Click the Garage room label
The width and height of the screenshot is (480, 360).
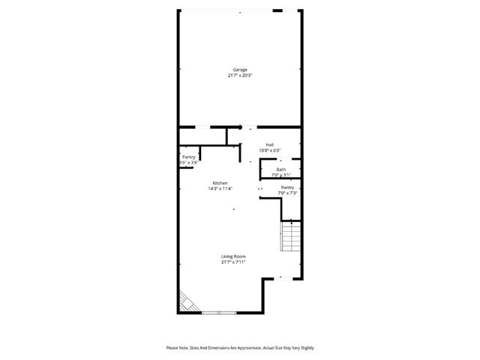(239, 70)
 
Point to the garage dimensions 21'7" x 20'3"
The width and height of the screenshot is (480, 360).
(239, 76)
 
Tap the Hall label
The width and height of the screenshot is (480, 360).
(270, 145)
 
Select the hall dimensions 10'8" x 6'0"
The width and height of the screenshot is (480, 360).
(270, 151)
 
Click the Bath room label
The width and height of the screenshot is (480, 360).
(280, 169)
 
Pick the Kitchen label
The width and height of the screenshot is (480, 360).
(220, 183)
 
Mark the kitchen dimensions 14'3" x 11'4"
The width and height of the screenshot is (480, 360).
(220, 189)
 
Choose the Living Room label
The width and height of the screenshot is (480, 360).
(233, 256)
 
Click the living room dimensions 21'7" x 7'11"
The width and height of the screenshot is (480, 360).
(233, 262)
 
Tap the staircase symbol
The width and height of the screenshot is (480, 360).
(291, 238)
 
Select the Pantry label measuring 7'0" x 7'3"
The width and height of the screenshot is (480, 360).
(287, 187)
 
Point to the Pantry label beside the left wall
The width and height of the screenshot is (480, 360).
(188, 157)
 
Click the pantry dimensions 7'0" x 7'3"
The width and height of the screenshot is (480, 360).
(287, 193)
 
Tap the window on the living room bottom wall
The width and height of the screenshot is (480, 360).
(218, 311)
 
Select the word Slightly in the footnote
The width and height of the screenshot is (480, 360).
(305, 348)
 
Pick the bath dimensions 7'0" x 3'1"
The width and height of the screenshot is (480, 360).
(280, 175)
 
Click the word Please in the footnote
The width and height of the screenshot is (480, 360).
(172, 348)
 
